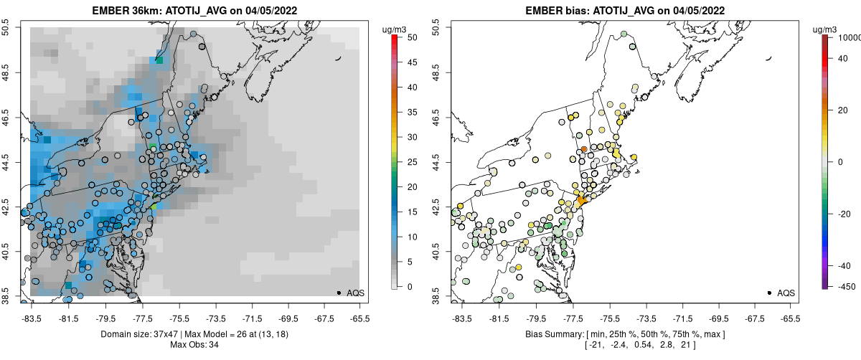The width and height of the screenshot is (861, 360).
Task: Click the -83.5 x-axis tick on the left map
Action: (32, 317)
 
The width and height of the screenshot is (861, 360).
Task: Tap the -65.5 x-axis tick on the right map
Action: (789, 317)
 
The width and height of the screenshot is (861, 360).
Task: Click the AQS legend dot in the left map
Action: (339, 293)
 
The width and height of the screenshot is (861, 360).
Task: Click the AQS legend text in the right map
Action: (786, 293)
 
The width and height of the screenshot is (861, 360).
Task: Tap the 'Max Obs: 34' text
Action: (194, 345)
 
